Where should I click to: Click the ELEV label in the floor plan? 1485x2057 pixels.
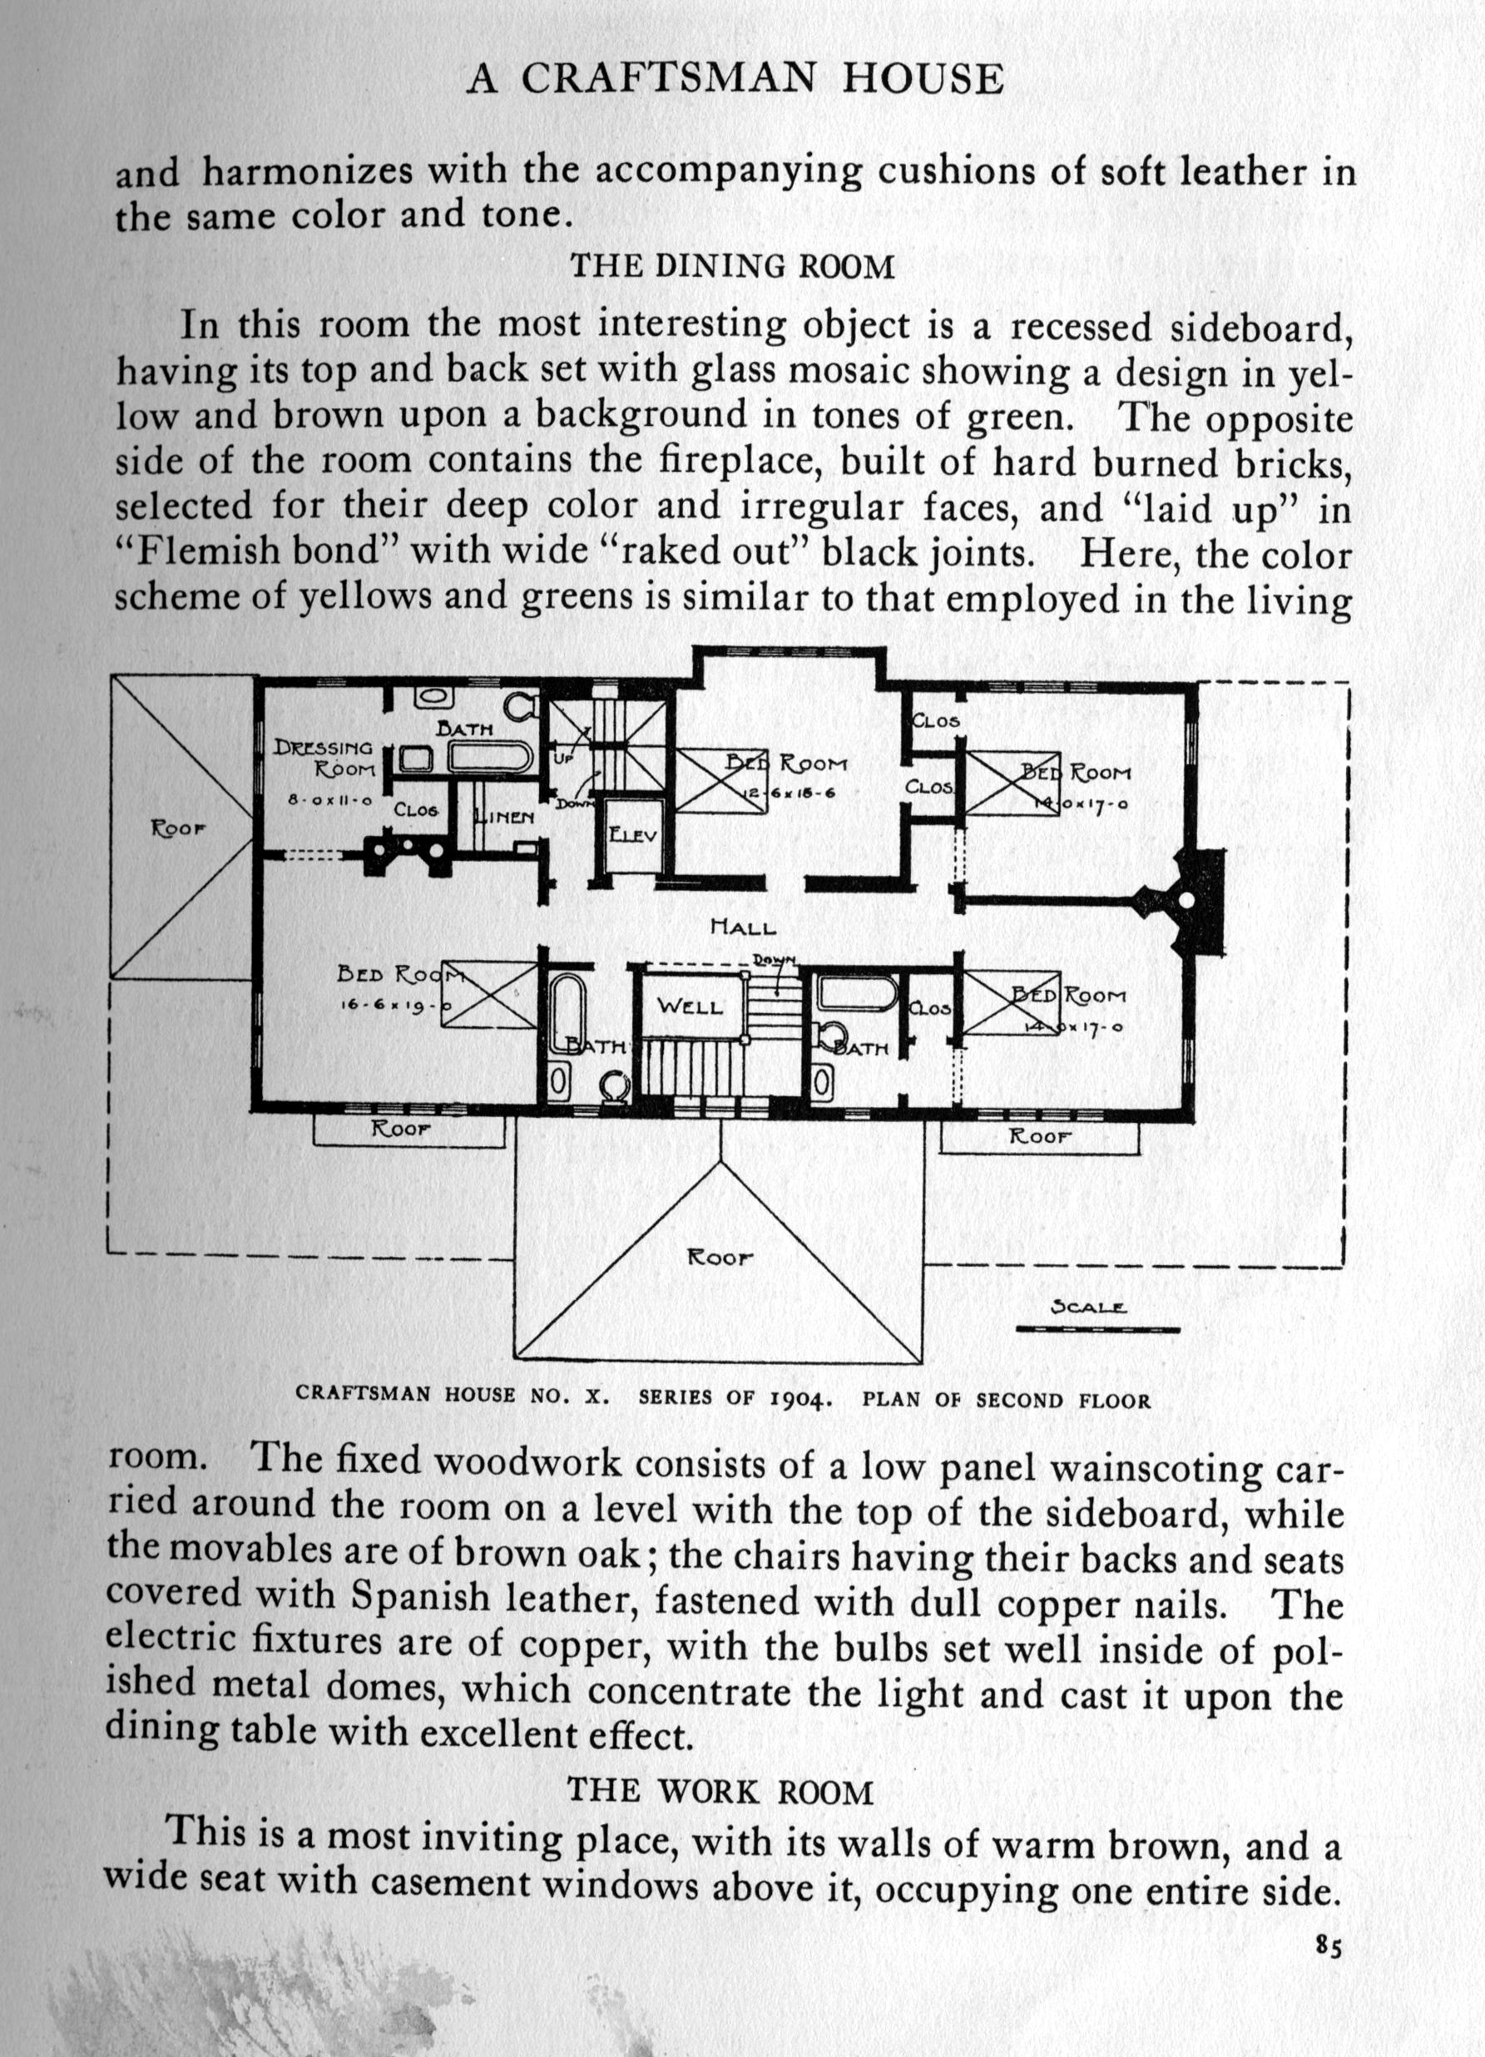coord(631,835)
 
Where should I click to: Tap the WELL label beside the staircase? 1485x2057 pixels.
coord(690,1006)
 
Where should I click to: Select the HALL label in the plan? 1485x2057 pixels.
coord(743,927)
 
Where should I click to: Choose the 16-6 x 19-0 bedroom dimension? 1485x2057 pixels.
coord(395,1005)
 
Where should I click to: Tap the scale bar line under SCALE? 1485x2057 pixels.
coord(1097,1330)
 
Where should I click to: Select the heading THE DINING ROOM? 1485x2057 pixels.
coord(732,267)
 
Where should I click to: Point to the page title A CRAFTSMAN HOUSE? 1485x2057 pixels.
coord(735,81)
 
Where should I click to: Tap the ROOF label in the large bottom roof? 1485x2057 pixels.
coord(720,1258)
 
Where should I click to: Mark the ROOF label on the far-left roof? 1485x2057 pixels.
coord(180,828)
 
